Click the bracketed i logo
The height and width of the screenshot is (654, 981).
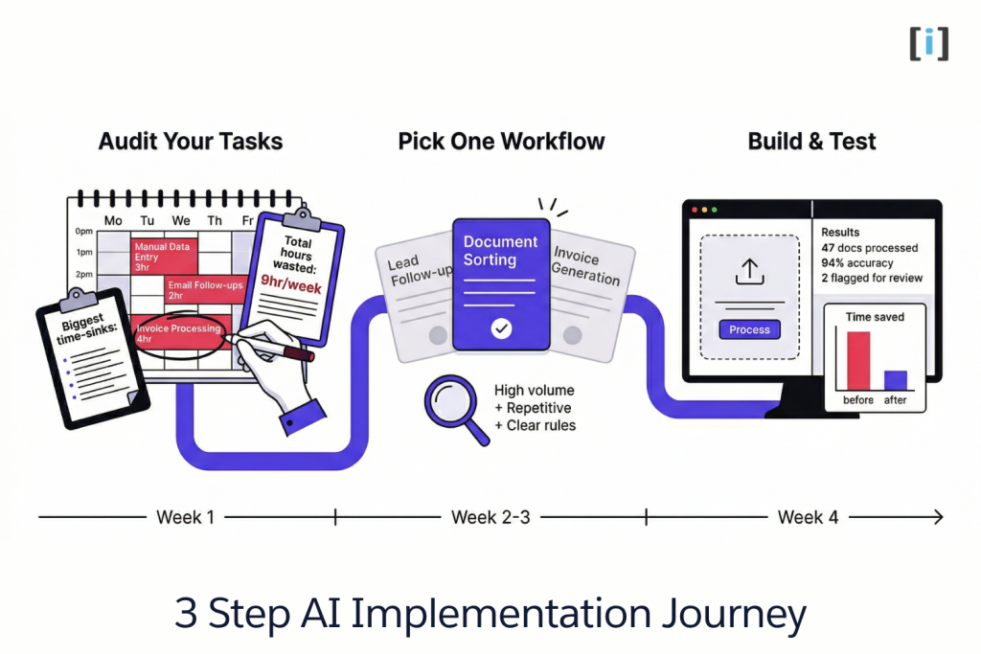pyautogui.click(x=928, y=44)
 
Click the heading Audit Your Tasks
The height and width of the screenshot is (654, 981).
pyautogui.click(x=191, y=142)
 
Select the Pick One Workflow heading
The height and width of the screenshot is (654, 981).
pyautogui.click(x=501, y=142)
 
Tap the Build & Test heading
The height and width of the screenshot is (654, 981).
pyautogui.click(x=811, y=142)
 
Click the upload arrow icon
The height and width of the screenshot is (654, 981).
pyautogui.click(x=749, y=272)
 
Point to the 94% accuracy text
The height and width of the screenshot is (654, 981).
pyautogui.click(x=857, y=263)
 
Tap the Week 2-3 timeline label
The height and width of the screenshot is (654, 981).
pyautogui.click(x=490, y=517)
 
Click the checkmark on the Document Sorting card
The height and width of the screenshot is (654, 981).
pyautogui.click(x=501, y=329)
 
